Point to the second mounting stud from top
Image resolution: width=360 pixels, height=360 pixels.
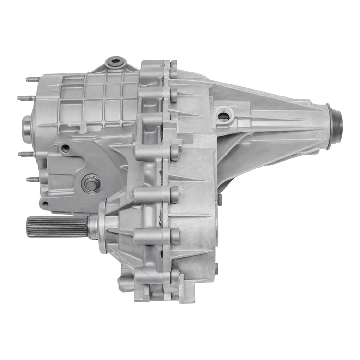25,98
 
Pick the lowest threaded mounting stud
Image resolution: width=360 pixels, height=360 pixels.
33,179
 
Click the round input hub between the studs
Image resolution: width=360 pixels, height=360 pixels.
27,126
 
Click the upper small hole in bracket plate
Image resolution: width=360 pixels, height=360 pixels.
65,148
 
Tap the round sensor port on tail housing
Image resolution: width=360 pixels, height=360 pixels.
224,115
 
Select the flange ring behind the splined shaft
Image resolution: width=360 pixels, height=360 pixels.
103,226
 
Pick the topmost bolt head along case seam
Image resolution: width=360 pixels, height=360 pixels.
173,70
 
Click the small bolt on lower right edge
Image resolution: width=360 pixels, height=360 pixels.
216,266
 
